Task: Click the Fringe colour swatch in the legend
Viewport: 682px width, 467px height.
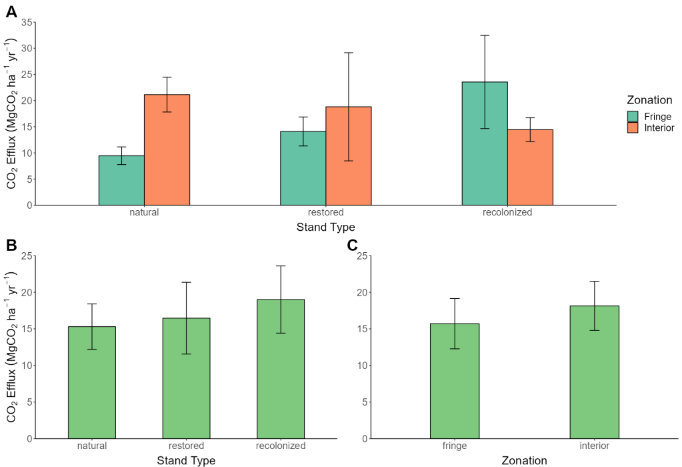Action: point(633,116)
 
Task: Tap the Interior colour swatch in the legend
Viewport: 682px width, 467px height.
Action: point(633,127)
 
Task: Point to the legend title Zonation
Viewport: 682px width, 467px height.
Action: point(649,100)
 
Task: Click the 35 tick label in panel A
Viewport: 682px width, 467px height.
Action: point(26,22)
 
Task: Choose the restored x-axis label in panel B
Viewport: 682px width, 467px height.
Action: point(186,446)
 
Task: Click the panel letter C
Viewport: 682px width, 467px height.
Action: point(353,246)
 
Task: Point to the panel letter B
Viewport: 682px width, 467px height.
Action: point(11,246)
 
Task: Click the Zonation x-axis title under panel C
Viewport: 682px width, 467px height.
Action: point(524,460)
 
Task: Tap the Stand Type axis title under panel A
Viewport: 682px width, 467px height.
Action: point(325,227)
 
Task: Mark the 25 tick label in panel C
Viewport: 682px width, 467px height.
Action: point(363,256)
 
